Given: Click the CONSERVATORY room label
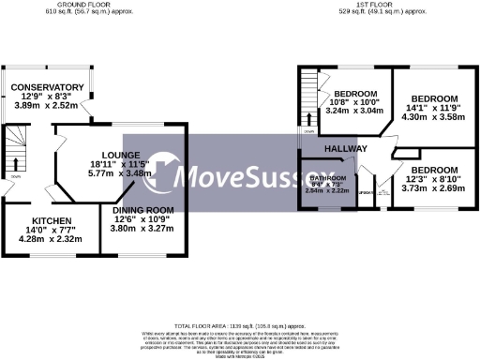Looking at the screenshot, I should pos(48,87).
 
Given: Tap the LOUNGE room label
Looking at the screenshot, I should pos(122,155).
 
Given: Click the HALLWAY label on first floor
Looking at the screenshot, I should pos(346,150).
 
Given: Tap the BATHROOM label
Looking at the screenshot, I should pos(327,176).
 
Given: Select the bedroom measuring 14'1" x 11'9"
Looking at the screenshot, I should pos(435,99).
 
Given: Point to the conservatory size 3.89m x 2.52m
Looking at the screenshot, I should pos(48,106).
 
